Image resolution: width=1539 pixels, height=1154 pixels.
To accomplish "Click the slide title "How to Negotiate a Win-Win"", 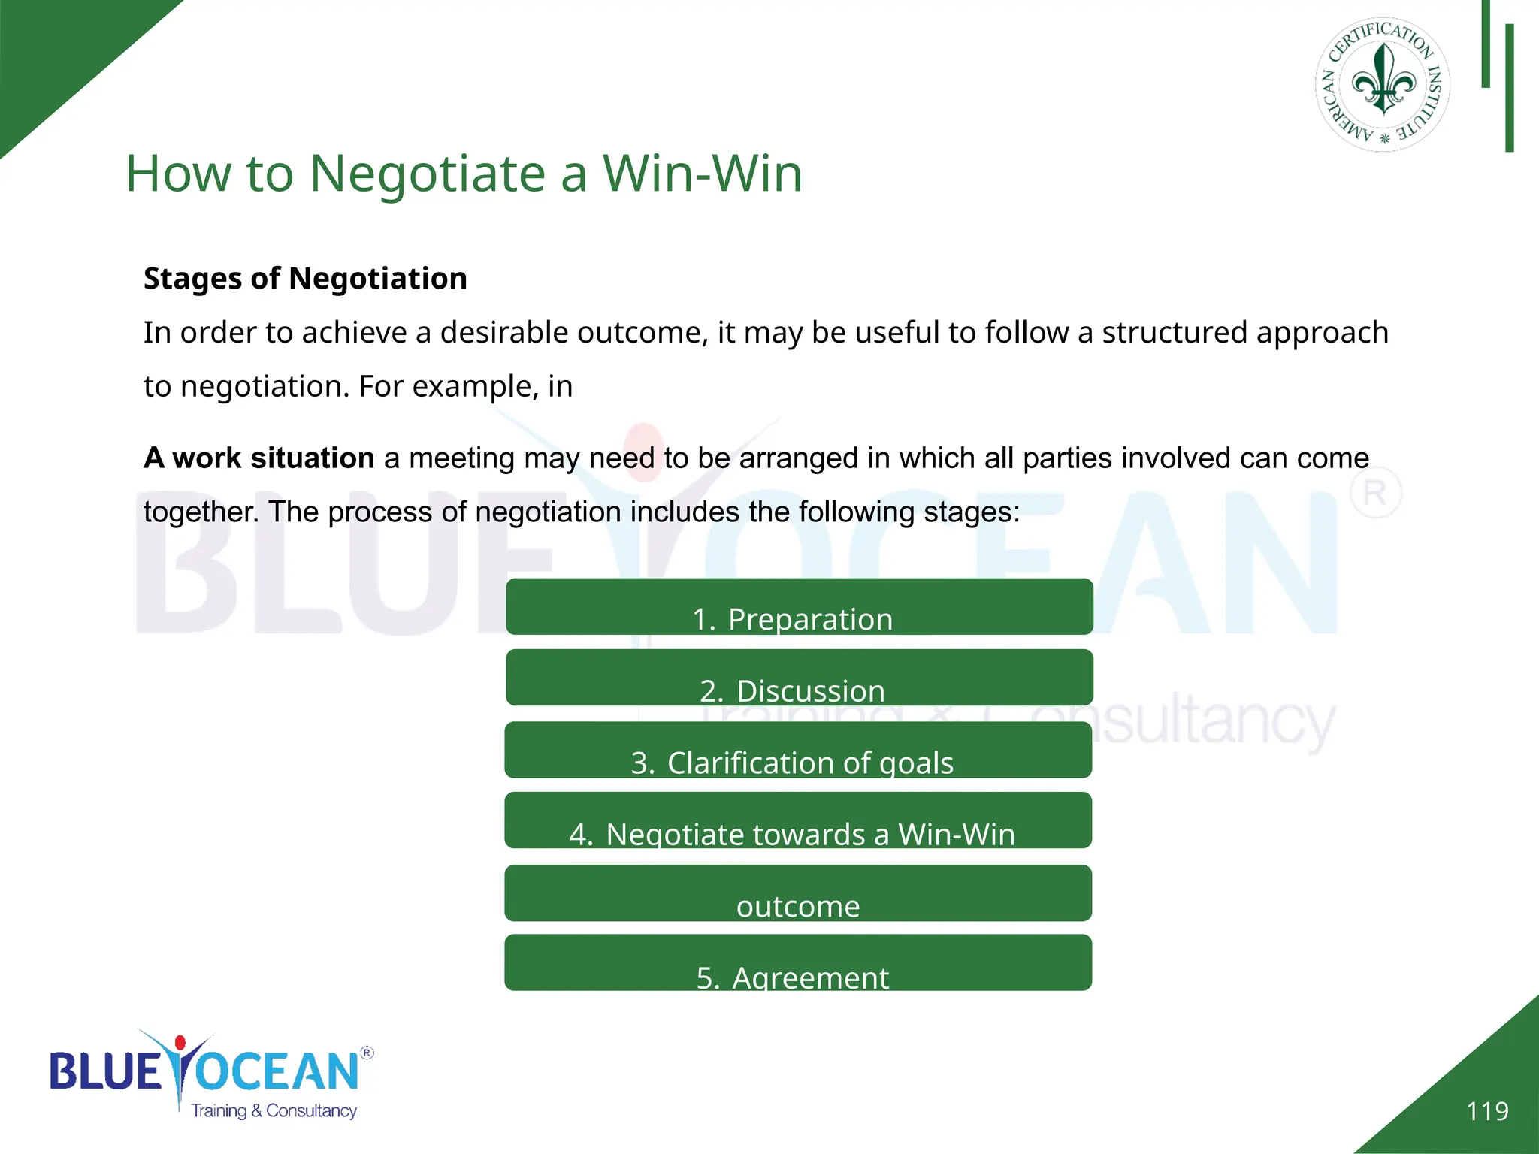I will tap(464, 174).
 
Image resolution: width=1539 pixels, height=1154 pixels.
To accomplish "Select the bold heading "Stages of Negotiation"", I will tap(305, 279).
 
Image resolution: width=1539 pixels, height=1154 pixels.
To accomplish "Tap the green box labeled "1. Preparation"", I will tap(799, 607).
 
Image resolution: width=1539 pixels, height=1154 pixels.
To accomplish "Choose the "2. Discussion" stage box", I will tap(799, 678).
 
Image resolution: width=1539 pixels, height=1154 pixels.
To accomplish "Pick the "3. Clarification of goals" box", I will tap(798, 750).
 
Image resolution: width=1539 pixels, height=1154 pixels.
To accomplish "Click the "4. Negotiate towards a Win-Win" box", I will tap(798, 820).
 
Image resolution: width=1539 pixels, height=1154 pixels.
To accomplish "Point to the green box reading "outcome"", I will tap(798, 893).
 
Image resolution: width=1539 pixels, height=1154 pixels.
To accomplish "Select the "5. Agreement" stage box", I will tap(798, 963).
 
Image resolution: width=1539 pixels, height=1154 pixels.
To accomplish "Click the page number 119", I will tap(1487, 1111).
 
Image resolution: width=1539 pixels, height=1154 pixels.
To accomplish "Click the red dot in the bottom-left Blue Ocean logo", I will tap(180, 1043).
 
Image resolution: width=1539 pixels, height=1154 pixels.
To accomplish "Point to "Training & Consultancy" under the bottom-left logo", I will tap(274, 1110).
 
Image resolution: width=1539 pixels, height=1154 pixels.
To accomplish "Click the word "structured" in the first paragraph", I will tap(1174, 333).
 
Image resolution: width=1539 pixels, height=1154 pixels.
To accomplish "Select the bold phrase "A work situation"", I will tap(259, 458).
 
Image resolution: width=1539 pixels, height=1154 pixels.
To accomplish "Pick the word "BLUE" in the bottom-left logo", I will tap(105, 1071).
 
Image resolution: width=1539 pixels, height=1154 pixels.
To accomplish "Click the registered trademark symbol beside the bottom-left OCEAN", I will tap(367, 1053).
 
